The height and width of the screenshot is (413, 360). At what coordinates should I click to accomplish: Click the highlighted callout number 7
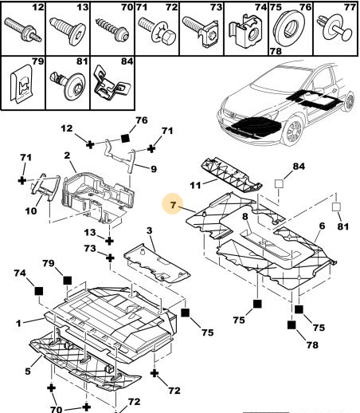pos(173,205)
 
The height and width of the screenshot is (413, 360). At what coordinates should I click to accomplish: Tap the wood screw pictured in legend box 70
pos(112,28)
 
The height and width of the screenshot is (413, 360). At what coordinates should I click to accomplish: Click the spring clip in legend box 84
pos(112,83)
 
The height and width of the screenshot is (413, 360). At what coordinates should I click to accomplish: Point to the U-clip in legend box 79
pos(22,83)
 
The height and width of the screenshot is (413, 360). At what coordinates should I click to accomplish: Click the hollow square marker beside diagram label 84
pos(279,183)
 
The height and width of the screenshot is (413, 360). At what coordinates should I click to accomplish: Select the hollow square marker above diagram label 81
pos(336,206)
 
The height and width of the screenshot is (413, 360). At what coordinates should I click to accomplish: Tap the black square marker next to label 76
pos(125,139)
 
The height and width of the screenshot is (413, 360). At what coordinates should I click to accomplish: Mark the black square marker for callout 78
pos(292,324)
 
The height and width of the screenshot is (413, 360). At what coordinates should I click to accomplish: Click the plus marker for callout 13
pos(109,241)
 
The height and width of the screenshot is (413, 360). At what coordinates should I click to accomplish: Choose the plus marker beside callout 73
pos(110,258)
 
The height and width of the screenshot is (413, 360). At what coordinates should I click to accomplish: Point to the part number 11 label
pos(195,185)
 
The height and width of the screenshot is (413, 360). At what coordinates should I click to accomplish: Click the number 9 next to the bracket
pos(154,169)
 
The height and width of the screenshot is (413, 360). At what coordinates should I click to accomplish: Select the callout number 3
pos(150,230)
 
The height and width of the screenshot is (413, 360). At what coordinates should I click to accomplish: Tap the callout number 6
pos(322,226)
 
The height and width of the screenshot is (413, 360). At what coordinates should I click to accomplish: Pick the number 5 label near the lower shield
pos(28,371)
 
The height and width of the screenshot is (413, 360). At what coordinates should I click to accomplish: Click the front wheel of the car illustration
pos(293,131)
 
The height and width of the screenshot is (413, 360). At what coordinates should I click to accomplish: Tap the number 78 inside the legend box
pos(276,50)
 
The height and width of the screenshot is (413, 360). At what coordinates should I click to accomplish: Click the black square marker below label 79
pos(68,281)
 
